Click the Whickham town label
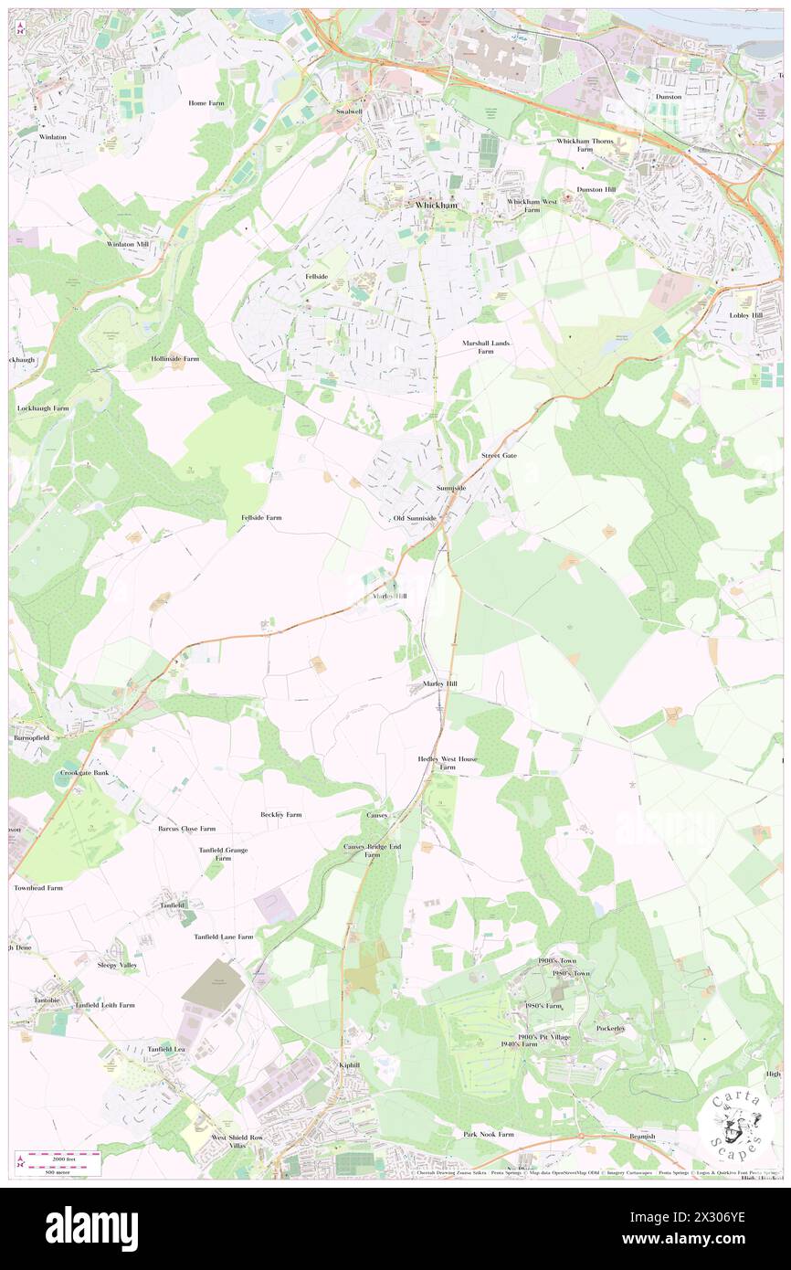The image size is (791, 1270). point(436,206)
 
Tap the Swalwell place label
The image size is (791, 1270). point(348,111)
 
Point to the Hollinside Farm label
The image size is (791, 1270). point(174,359)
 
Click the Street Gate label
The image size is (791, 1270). point(499,455)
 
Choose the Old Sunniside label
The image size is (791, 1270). point(415,518)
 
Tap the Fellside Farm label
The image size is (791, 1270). point(261,517)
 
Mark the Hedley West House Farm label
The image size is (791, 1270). point(448,763)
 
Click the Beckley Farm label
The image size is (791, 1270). point(280,814)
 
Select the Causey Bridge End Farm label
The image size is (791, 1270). point(372,851)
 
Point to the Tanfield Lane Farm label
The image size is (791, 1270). point(223,937)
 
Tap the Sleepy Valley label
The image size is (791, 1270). point(117,965)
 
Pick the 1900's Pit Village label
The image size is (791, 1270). point(543,1037)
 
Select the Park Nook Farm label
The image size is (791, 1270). point(488,1134)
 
